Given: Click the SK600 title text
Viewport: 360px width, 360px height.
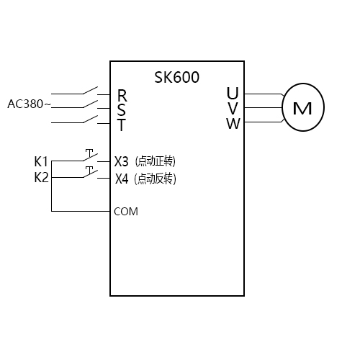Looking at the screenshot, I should tap(177, 77).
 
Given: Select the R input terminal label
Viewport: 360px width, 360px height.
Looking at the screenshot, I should tap(122, 95).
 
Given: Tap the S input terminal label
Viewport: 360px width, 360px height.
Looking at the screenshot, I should tap(122, 109).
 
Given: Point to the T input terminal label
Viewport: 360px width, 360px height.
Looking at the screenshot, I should tap(122, 125).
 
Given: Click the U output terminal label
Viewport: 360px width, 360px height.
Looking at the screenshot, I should tap(232, 94).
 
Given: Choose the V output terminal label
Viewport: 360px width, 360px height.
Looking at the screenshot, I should tap(232, 108).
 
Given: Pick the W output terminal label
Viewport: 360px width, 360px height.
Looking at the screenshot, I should tap(232, 123).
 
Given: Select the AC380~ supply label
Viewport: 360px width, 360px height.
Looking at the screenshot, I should tap(29, 104).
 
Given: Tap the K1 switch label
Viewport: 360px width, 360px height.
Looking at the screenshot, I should tap(42, 161).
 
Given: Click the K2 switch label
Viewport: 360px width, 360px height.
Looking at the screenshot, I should tap(42, 177).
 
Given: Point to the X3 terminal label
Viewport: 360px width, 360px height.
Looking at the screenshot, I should tap(122, 161).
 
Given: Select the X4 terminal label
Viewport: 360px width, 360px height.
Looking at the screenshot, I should tap(122, 178).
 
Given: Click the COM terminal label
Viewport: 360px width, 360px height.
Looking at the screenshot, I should tap(126, 212).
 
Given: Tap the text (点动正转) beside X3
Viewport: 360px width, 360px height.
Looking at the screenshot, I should tap(156, 161).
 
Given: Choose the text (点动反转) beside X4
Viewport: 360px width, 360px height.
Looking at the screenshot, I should tap(156, 178).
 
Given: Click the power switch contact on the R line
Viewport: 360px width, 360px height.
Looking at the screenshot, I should tap(90, 91).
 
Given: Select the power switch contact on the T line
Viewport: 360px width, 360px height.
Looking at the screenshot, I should tap(90, 120).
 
